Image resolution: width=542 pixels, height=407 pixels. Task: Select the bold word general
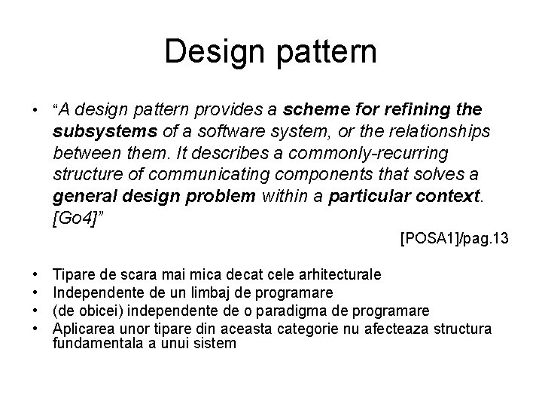(x=84, y=197)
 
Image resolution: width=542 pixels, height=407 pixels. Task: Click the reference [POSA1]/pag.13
(x=455, y=239)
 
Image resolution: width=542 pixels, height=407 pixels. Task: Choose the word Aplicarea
(x=84, y=328)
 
